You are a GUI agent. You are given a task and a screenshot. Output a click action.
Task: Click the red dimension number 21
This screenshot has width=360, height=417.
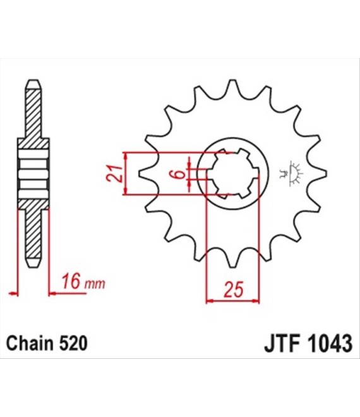pyautogui.click(x=114, y=173)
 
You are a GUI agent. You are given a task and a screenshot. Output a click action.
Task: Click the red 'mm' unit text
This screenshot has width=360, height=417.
pyautogui.click(x=95, y=284)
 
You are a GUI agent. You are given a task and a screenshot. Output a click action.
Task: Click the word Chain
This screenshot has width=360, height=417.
pyautogui.click(x=29, y=343)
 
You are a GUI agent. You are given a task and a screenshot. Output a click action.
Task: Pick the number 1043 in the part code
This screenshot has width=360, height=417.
pyautogui.click(x=332, y=343)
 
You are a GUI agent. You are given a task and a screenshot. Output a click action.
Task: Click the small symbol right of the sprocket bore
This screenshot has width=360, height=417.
pyautogui.click(x=292, y=173)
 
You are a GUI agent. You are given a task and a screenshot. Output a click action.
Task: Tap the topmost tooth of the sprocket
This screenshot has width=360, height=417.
pyautogui.click(x=233, y=85)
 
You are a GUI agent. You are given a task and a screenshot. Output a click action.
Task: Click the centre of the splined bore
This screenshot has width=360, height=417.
pyautogui.click(x=233, y=173)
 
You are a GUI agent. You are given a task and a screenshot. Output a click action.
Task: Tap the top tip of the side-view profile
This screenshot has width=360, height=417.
pyautogui.click(x=33, y=80)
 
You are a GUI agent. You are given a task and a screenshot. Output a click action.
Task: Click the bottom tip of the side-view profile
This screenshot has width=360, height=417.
pyautogui.click(x=33, y=267)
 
